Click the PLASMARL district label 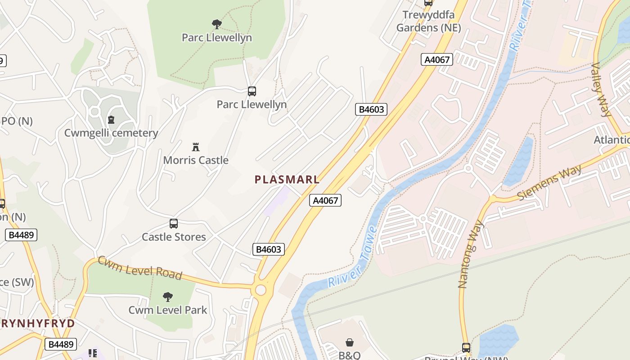point(287,180)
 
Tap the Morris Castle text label point(196,160)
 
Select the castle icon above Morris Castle point(196,147)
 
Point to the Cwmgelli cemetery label point(111,133)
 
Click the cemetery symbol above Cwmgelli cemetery point(111,120)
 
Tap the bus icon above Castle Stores point(174,223)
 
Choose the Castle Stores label point(174,237)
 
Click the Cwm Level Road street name point(140,268)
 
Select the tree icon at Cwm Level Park point(168,297)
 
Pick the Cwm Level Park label point(168,310)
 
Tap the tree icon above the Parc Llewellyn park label point(217,24)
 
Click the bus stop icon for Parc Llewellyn point(252,91)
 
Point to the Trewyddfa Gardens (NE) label point(428,21)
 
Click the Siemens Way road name point(549,183)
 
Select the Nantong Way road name point(470,254)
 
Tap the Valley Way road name point(601,90)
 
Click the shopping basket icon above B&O point(350,343)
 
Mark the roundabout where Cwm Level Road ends point(261,290)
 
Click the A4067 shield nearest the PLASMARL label point(325,200)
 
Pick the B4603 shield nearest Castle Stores point(269,249)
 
